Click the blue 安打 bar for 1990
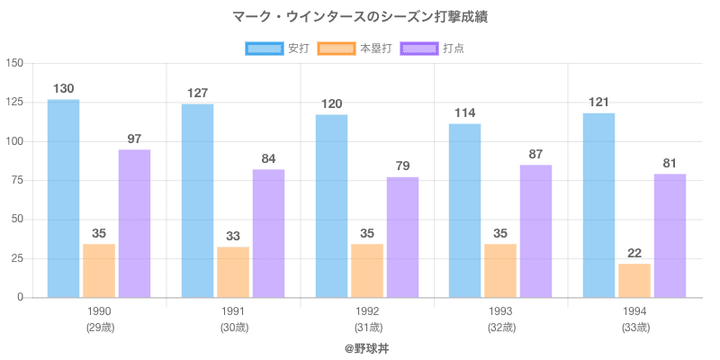tap(63, 198)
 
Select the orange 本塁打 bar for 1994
tap(634, 280)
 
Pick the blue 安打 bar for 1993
tap(464, 211)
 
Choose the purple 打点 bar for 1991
tap(268, 233)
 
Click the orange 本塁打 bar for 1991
tap(233, 272)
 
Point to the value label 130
tap(63, 89)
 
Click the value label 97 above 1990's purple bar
tap(134, 139)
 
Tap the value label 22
tap(634, 254)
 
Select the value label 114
tap(464, 113)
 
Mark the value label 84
tap(268, 159)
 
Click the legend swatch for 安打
tap(264, 48)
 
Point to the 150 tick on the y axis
tap(13, 63)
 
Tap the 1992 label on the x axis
tap(367, 311)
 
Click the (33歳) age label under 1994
tap(634, 328)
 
